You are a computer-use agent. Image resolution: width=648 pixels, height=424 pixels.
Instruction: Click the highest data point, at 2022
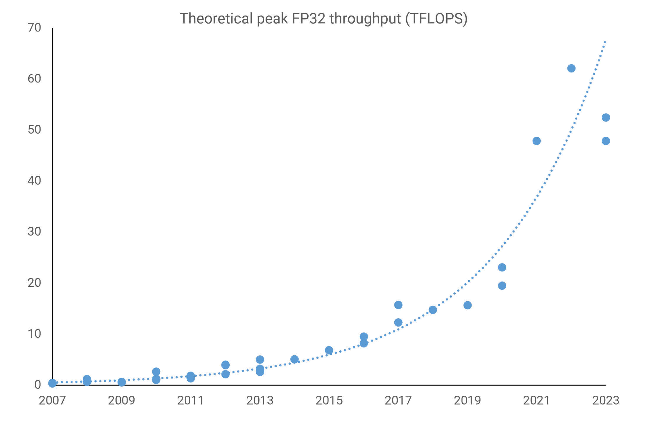pyautogui.click(x=571, y=68)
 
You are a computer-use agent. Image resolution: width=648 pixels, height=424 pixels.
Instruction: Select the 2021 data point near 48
pyautogui.click(x=537, y=141)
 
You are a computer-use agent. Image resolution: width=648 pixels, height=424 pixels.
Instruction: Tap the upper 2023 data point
pyautogui.click(x=606, y=117)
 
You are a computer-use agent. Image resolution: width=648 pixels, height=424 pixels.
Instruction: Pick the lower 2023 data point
pyautogui.click(x=606, y=141)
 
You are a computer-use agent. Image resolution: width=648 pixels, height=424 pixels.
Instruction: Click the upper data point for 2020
pyautogui.click(x=502, y=267)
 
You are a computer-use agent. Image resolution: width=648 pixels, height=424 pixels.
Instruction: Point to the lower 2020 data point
pyautogui.click(x=502, y=286)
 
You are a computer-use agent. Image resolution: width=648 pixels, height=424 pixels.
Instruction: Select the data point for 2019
pyautogui.click(x=467, y=305)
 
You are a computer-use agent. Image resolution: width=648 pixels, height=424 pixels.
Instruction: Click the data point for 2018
pyautogui.click(x=433, y=310)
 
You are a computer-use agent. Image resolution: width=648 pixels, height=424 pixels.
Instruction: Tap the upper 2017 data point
pyautogui.click(x=398, y=305)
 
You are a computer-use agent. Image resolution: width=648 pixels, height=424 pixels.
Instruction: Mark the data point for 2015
pyautogui.click(x=329, y=350)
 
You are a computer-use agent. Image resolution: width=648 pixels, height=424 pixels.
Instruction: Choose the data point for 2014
pyautogui.click(x=295, y=359)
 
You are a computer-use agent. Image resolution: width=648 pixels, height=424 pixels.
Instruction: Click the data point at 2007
pyautogui.click(x=52, y=383)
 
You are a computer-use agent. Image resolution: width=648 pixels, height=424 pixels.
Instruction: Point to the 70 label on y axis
pyautogui.click(x=34, y=28)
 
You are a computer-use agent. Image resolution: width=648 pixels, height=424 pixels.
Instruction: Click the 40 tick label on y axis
pyautogui.click(x=34, y=180)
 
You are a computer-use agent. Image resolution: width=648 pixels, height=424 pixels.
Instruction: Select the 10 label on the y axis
pyautogui.click(x=34, y=334)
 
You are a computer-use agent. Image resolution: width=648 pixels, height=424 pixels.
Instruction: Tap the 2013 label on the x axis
pyautogui.click(x=260, y=400)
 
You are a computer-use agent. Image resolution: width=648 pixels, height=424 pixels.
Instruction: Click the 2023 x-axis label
pyautogui.click(x=606, y=400)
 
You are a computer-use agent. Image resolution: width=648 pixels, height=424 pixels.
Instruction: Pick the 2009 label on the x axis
pyautogui.click(x=121, y=400)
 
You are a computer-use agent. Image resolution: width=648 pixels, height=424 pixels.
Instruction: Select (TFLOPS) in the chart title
pyautogui.click(x=436, y=18)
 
